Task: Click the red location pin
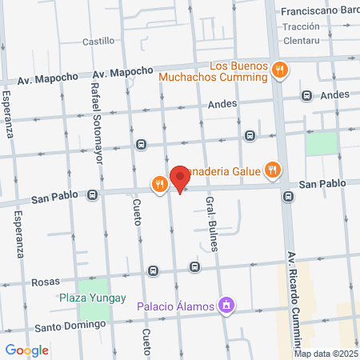[x=180, y=178]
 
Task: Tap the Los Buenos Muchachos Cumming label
[x=212, y=71]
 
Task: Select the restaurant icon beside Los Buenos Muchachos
[x=279, y=70]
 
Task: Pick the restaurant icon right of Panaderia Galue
[x=274, y=169]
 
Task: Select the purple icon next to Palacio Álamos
[x=227, y=305]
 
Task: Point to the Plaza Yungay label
[x=93, y=298]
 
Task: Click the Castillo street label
[x=98, y=41]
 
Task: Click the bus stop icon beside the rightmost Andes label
[x=306, y=95]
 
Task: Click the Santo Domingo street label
[x=70, y=326]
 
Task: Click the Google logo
[x=26, y=350]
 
